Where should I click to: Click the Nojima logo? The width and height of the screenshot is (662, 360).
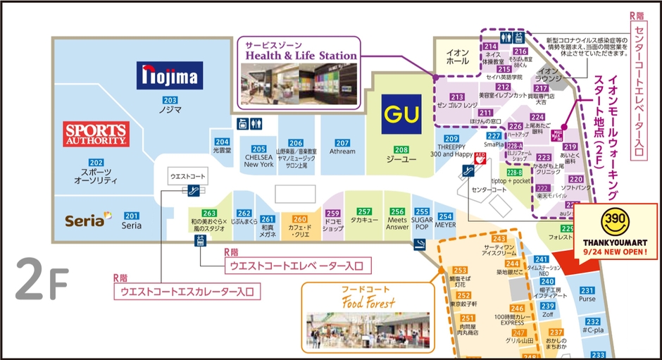click(169, 75)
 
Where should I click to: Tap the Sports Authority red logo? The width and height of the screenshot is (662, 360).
click(96, 134)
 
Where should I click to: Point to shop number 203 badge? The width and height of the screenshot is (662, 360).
click(170, 100)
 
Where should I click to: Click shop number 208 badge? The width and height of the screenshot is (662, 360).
click(401, 149)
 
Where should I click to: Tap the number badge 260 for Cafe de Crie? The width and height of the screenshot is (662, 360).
click(299, 219)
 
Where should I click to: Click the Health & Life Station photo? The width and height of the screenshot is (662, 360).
click(299, 83)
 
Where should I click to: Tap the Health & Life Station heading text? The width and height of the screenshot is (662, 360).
click(301, 56)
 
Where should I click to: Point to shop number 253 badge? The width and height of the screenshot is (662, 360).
click(460, 271)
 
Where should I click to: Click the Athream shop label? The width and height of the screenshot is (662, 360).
click(342, 151)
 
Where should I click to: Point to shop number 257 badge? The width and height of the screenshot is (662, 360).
click(364, 211)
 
